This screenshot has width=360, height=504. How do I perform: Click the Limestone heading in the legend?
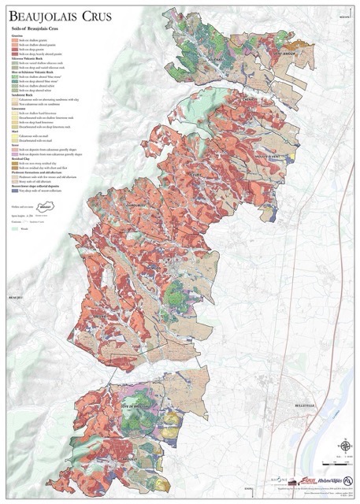(x=20, y=110)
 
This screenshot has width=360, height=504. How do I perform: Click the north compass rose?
(x=344, y=447)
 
